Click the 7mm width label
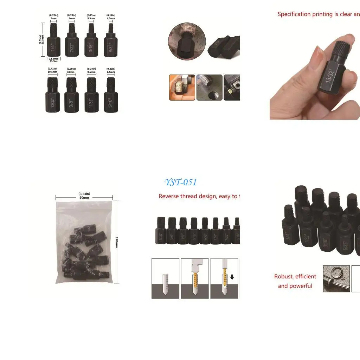coord(53,18)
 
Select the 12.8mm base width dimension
coord(53,59)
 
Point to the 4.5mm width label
coord(111,18)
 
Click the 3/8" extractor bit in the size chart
coord(71,96)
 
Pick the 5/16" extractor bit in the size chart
coord(111,96)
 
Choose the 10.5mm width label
coord(52,71)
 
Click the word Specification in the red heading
coord(294,14)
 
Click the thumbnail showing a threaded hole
coord(209,88)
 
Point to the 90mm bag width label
coord(84,198)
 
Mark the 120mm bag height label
coord(117,242)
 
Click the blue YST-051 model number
coord(180,182)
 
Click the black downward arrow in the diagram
coord(232,277)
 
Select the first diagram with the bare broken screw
coord(165,278)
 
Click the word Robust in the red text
coord(283,277)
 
